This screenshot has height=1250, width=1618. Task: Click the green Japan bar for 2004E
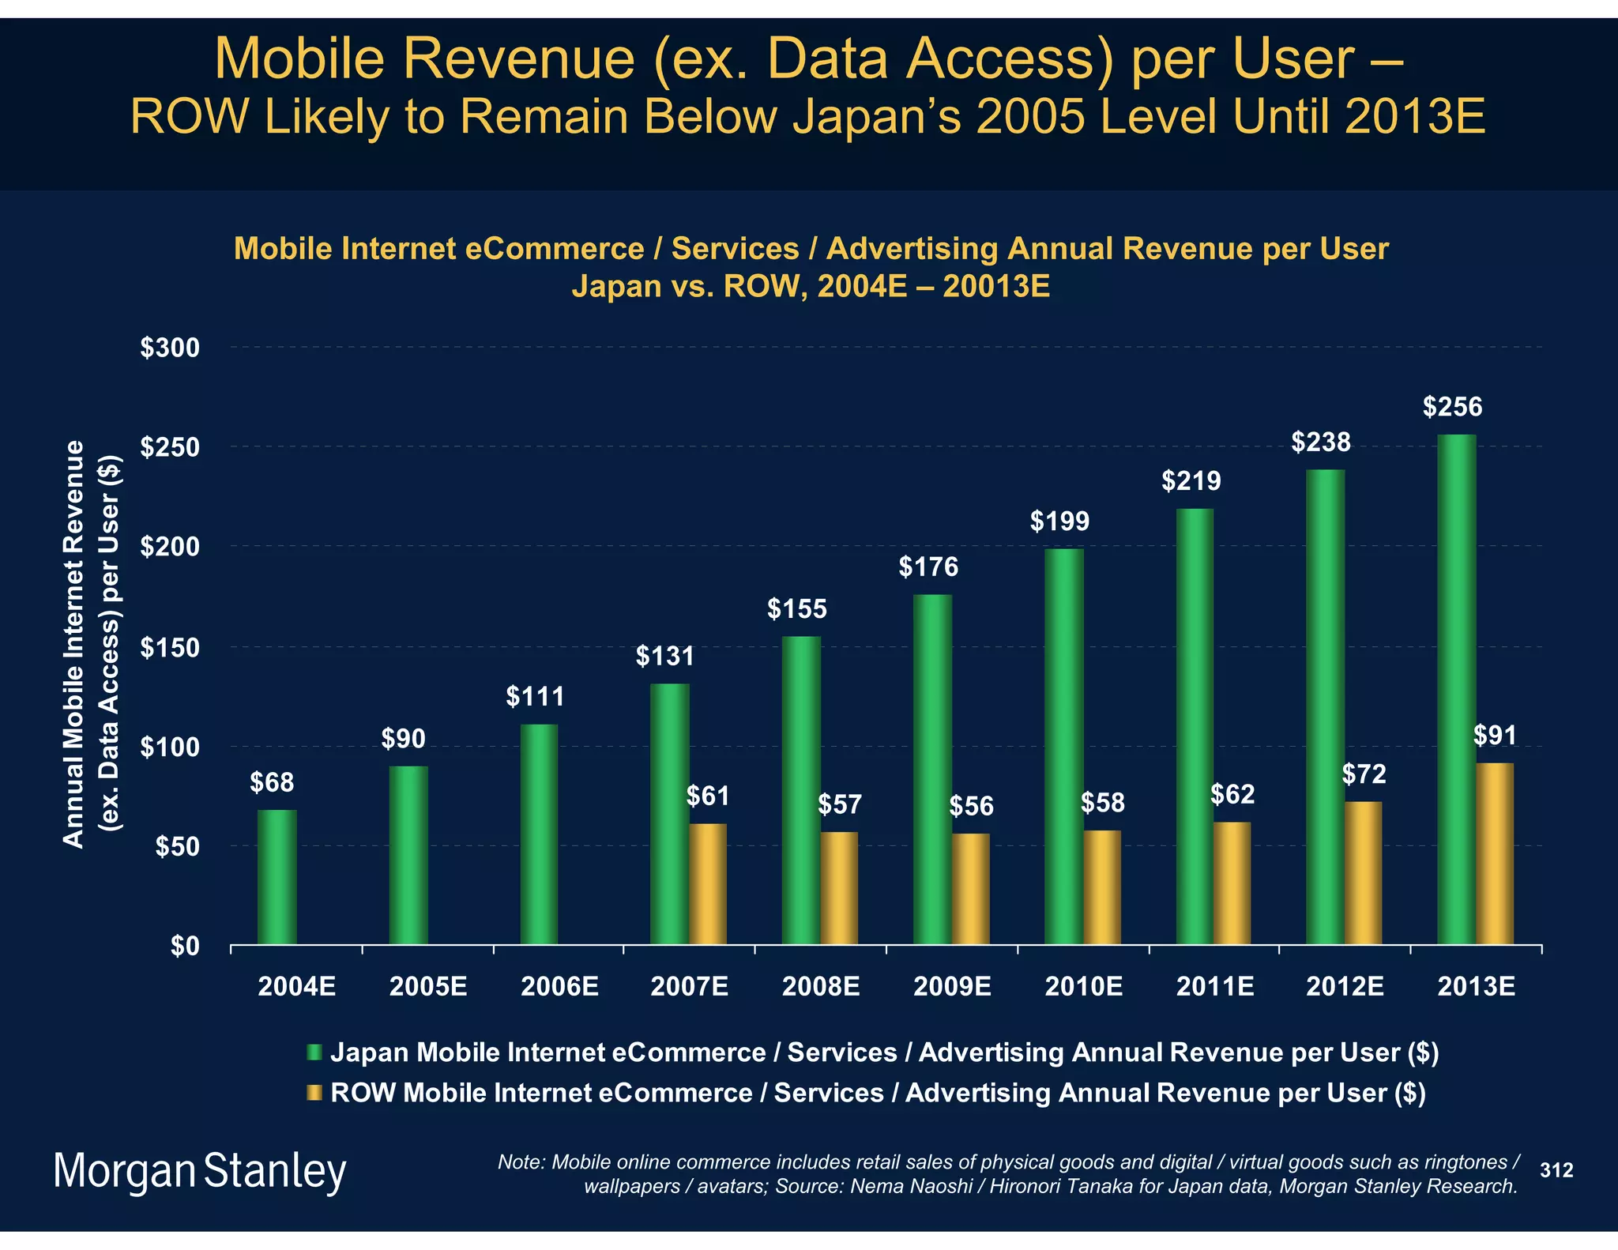(x=277, y=877)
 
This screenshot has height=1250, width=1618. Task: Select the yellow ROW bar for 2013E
(x=1494, y=853)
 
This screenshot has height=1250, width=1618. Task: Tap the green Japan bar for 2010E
(x=1063, y=747)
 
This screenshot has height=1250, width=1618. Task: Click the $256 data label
(x=1452, y=407)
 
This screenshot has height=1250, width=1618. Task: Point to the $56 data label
(x=971, y=806)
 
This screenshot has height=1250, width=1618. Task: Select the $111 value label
(x=535, y=697)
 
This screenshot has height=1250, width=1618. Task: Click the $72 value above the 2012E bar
(x=1364, y=774)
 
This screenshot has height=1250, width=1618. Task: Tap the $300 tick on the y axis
(x=169, y=348)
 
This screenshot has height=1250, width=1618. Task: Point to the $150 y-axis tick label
(x=169, y=648)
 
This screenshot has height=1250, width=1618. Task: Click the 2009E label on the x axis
(x=952, y=987)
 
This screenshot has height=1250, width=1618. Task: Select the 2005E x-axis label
(x=428, y=987)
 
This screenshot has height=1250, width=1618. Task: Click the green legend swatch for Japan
(x=314, y=1052)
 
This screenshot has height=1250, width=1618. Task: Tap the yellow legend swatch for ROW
(x=314, y=1093)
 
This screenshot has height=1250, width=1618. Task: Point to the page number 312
(x=1556, y=1170)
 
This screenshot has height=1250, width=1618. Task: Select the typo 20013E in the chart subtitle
(x=996, y=286)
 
